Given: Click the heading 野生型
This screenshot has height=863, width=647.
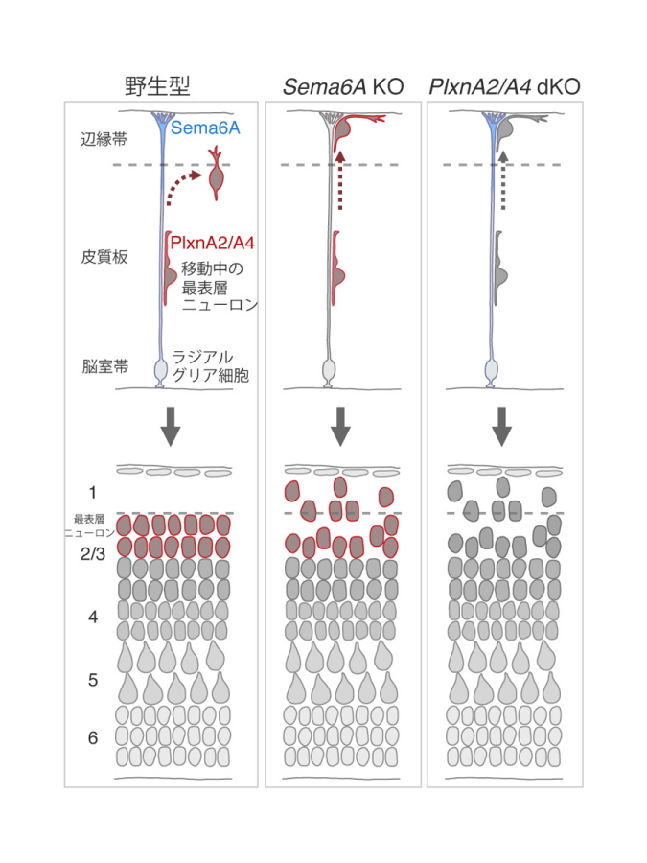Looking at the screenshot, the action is [x=157, y=86].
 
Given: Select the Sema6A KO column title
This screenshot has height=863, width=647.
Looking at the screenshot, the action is [x=343, y=87].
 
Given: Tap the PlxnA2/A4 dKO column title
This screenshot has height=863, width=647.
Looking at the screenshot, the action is [x=504, y=87].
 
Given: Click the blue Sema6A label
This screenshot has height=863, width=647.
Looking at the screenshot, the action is [x=205, y=128].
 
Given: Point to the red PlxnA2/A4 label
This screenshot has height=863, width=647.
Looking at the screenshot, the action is [x=213, y=244].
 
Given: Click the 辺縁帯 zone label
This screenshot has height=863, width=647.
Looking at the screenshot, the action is [x=104, y=139].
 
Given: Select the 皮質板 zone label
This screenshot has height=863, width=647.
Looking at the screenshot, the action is [x=104, y=256].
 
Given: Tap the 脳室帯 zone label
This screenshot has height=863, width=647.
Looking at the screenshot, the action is [x=105, y=366].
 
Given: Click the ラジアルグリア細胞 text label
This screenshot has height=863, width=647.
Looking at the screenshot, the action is [x=211, y=366].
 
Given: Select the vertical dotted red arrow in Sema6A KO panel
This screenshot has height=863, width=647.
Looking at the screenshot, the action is [x=340, y=180].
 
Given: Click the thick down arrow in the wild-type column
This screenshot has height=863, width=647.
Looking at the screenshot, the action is [x=171, y=427].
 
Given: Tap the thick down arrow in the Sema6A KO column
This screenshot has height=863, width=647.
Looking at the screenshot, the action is [x=341, y=427].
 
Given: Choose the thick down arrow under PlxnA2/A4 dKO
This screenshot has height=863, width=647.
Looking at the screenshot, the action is [x=501, y=427].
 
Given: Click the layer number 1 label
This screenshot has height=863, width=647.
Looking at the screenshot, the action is [x=92, y=493].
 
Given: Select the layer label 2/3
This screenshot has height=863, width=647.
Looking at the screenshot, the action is [x=93, y=553].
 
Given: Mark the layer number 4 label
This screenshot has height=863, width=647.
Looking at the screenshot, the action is [x=93, y=617].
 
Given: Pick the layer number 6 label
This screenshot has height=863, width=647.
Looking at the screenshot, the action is [x=93, y=737].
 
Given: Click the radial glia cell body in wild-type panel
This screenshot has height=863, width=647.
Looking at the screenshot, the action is [x=160, y=369].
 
